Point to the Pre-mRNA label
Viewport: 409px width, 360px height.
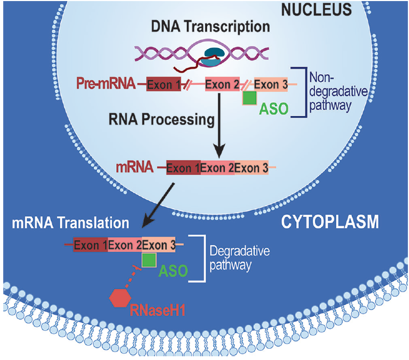pos(106,84)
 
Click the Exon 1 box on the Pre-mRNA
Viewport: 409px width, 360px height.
pos(163,84)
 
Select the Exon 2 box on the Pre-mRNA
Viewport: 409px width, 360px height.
pos(223,84)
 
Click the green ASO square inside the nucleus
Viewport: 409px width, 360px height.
pos(249,98)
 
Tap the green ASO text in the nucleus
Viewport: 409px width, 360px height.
pos(274,109)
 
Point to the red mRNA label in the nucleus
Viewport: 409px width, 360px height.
pos(135,167)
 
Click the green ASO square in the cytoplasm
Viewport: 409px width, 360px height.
pos(149,260)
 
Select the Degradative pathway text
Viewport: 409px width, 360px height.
pos(240,257)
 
